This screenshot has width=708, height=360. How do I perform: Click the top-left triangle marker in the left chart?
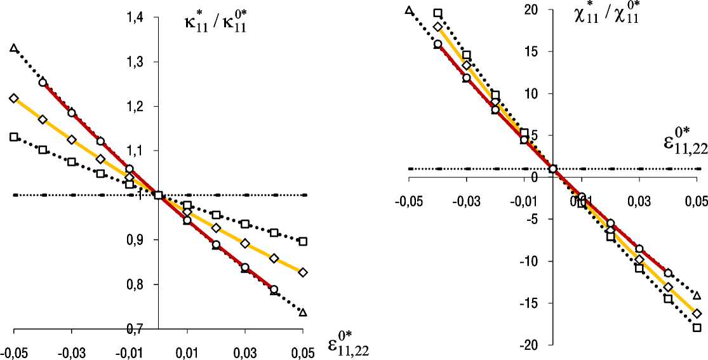point(14,48)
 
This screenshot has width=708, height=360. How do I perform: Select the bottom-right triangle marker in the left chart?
point(303,312)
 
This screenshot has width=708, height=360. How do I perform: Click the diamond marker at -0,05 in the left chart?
point(14,98)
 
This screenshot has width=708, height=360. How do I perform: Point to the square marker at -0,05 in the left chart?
point(14,137)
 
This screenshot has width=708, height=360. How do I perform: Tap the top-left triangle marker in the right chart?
point(409,10)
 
